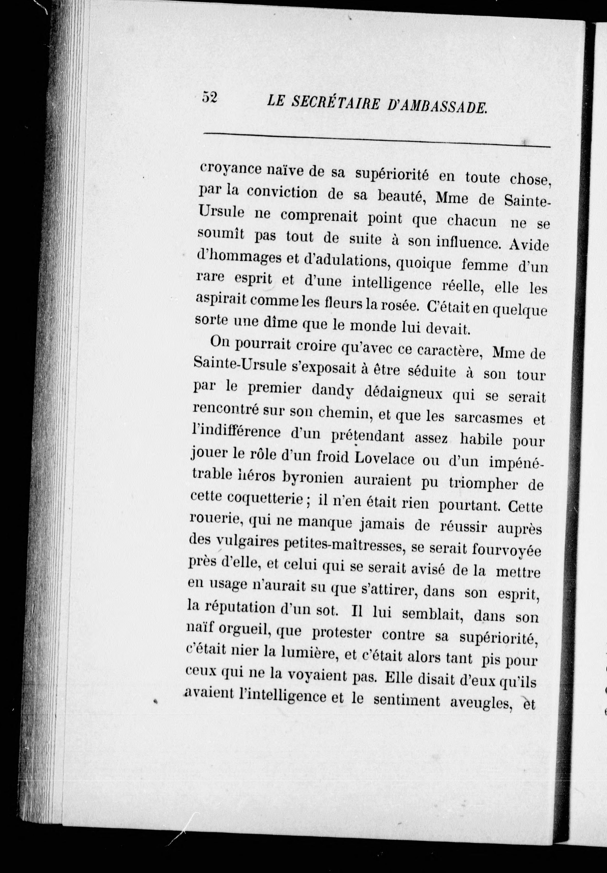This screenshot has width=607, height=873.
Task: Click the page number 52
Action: click(x=210, y=98)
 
